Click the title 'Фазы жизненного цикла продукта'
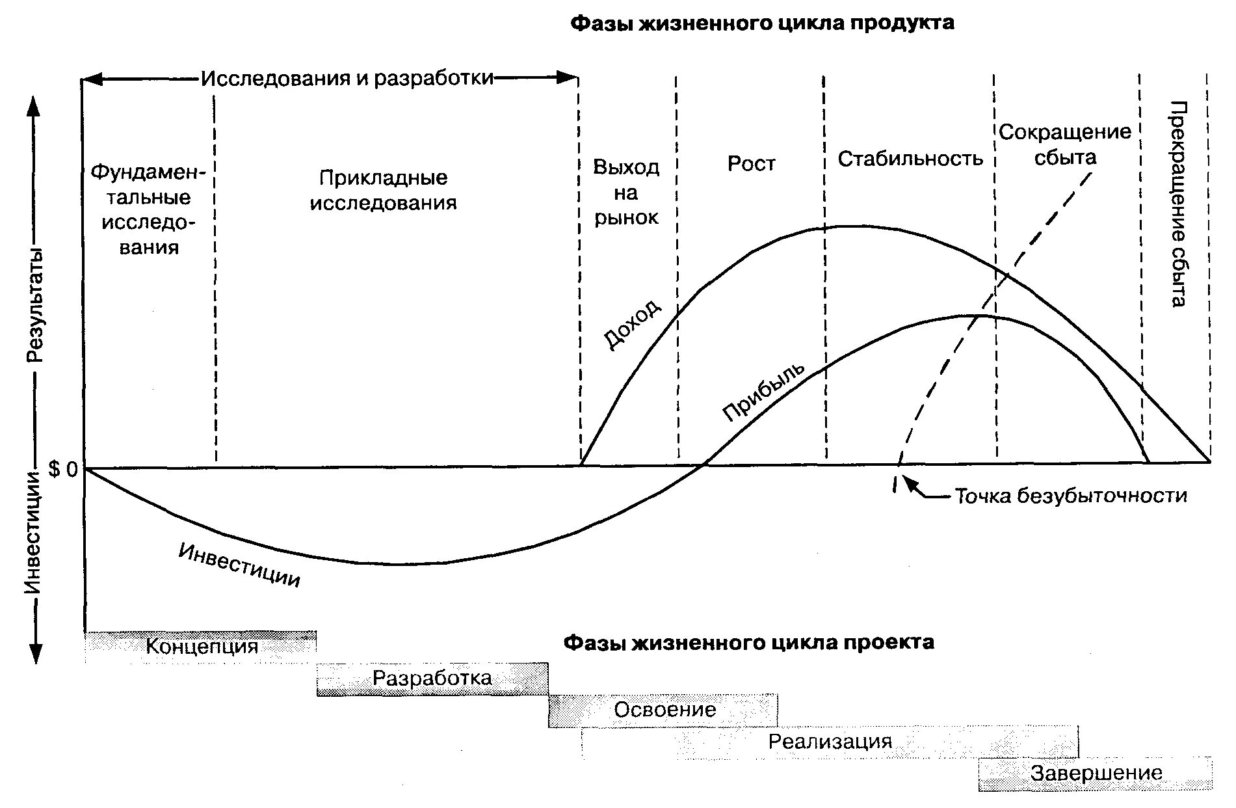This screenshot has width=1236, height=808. click(x=762, y=24)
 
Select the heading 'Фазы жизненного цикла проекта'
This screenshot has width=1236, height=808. click(x=748, y=643)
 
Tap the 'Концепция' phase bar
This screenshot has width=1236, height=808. click(x=201, y=647)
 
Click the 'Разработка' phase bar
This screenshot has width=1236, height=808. click(x=432, y=679)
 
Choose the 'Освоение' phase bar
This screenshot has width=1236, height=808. click(x=664, y=710)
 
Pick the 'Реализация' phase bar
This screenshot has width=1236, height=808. click(x=830, y=742)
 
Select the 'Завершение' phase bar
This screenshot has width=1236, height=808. click(x=1096, y=774)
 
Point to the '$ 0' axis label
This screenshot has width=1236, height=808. click(x=63, y=470)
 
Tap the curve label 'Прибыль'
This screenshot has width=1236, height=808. click(x=763, y=391)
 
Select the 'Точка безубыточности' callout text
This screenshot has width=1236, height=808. click(x=1070, y=496)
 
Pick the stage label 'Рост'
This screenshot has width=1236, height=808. click(x=751, y=163)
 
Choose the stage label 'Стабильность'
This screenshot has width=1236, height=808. click(x=910, y=159)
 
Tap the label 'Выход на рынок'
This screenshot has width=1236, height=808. click(x=626, y=193)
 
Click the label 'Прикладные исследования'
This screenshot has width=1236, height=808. click(x=383, y=190)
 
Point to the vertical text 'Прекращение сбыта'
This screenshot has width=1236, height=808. click(x=1177, y=204)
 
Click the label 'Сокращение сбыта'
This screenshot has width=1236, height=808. click(x=1064, y=144)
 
